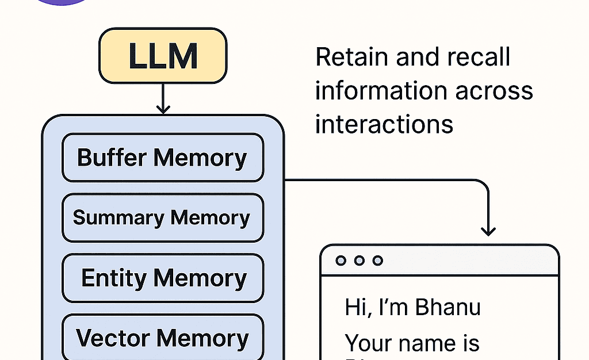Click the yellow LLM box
click(x=163, y=56)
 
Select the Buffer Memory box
click(x=162, y=158)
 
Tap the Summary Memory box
click(x=162, y=217)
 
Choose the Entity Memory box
click(x=163, y=278)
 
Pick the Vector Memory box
click(x=162, y=338)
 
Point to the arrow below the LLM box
click(x=163, y=98)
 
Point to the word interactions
click(x=384, y=124)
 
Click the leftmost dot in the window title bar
click(x=341, y=261)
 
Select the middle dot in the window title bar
click(x=359, y=261)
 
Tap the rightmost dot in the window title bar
click(x=378, y=261)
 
